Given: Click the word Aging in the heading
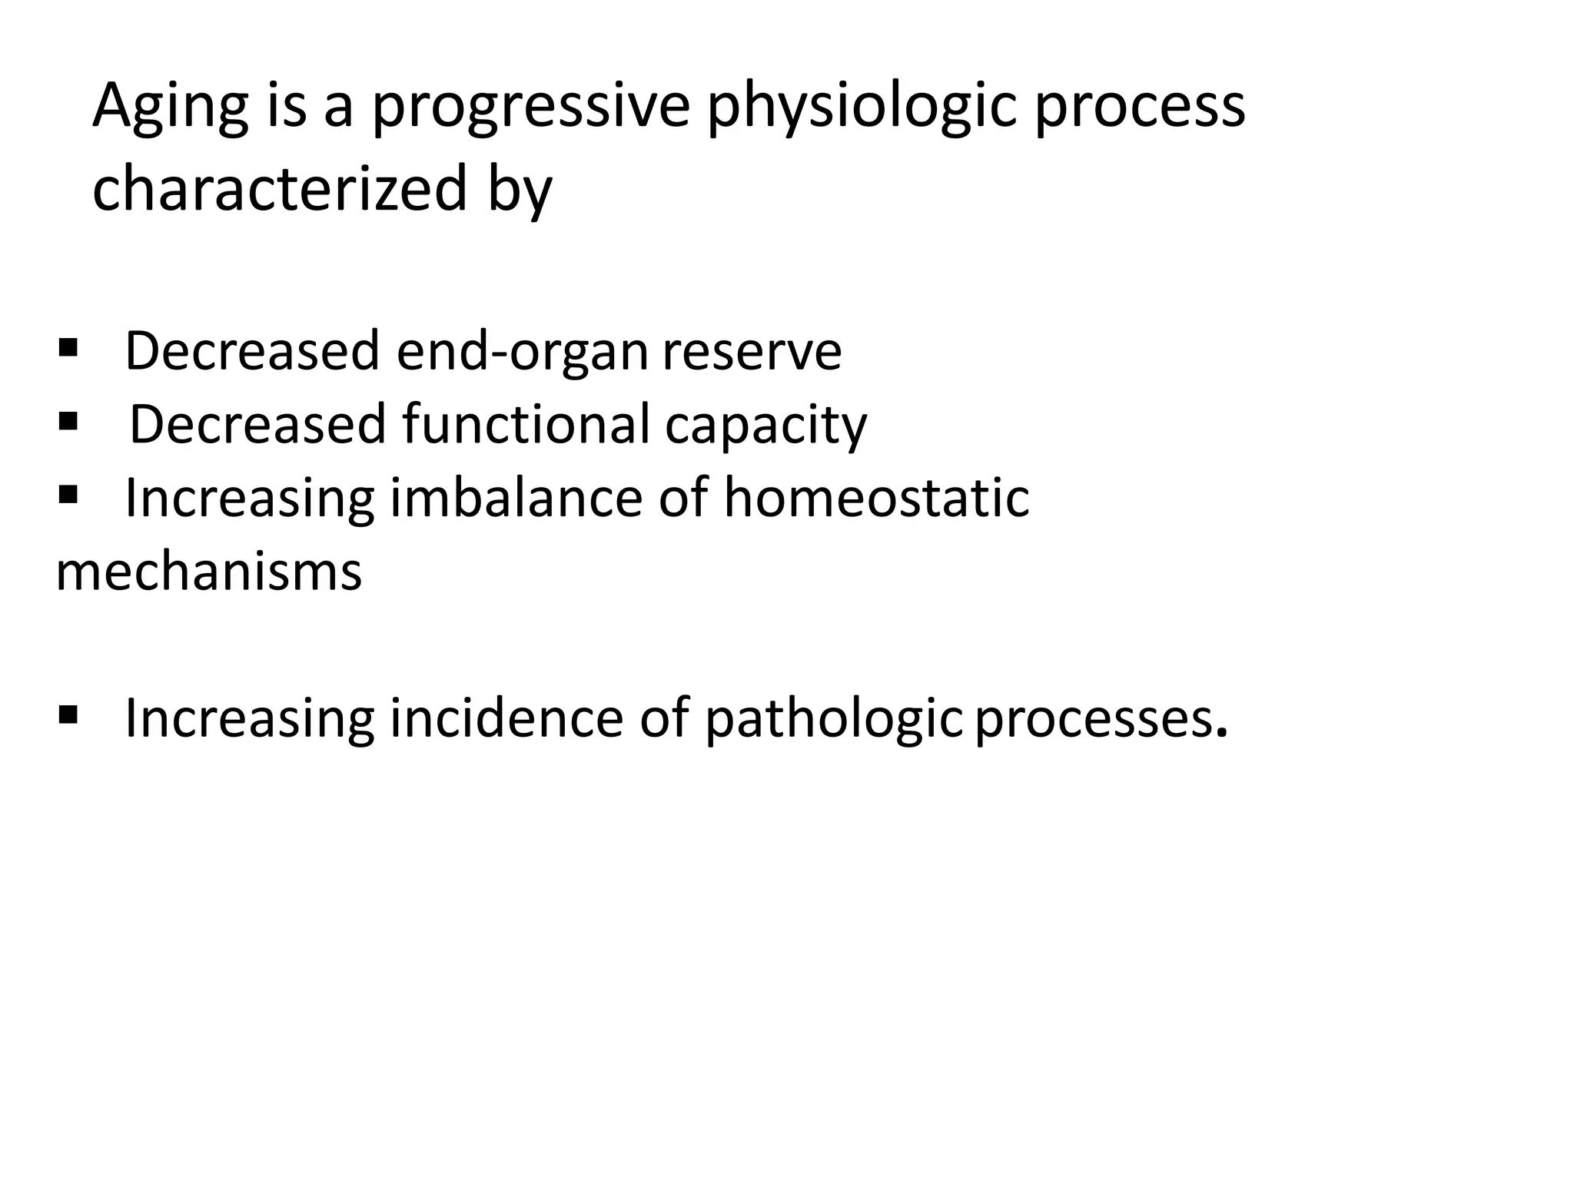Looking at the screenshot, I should pos(171,108).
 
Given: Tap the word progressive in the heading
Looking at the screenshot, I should pos(531,108).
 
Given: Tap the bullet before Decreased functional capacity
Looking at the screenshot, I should pos(68,421).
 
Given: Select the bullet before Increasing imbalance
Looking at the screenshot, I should pos(68,494).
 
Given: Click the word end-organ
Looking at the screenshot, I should pos(522,351).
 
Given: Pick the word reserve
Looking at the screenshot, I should pos(752,351).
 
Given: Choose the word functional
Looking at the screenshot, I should pos(526,424).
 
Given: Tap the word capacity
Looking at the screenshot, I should pos(765,426).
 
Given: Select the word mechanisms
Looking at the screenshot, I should pos(208,572).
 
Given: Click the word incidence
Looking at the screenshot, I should pos(506,718).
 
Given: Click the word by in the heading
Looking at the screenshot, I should pos(519,190).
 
